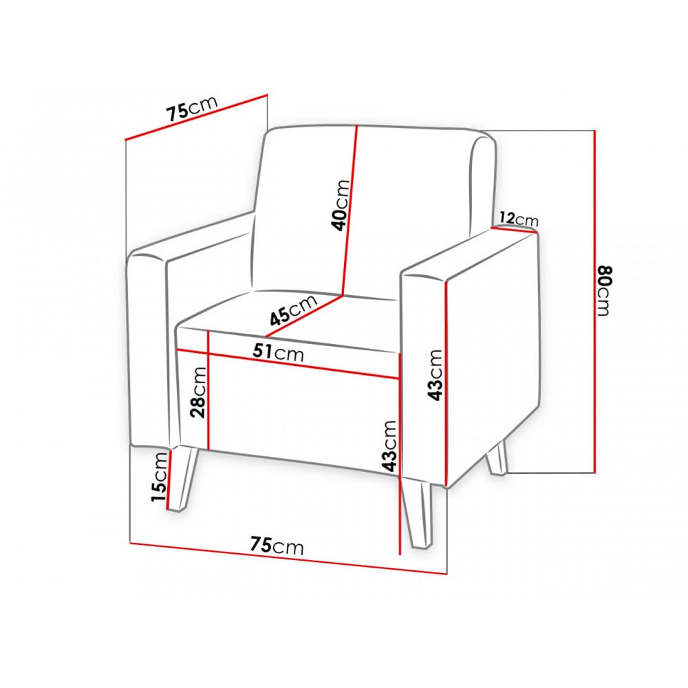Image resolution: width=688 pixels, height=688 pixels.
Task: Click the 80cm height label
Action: [x=604, y=290]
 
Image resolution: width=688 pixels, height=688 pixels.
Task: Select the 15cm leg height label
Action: [x=159, y=477]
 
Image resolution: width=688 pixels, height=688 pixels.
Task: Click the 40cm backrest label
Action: [x=341, y=205]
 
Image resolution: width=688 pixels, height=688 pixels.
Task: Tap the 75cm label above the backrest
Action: [x=192, y=108]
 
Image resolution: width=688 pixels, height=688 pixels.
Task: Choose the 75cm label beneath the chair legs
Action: [x=277, y=546]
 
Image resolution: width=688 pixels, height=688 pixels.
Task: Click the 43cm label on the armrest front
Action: [x=436, y=375]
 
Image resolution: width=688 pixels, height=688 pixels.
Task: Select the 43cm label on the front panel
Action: [x=389, y=446]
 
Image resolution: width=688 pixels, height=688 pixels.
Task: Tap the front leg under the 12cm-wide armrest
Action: [x=418, y=513]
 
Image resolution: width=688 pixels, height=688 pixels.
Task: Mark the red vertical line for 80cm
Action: [x=594, y=301]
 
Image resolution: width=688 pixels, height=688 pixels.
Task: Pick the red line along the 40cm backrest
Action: [x=350, y=210]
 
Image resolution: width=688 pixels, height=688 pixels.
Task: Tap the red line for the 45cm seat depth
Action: [x=304, y=316]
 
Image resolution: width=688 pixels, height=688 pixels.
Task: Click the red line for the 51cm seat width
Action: [x=288, y=363]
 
